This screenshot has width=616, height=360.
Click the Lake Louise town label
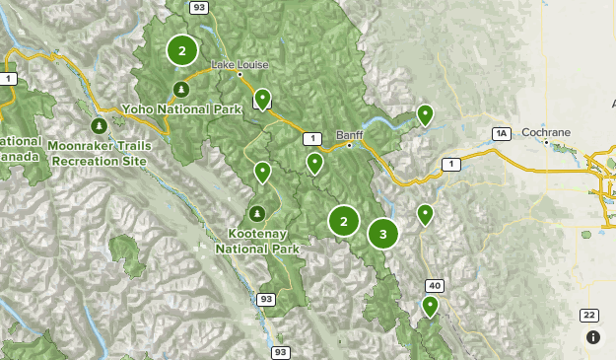[240, 66]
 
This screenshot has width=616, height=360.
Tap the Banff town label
[349, 135]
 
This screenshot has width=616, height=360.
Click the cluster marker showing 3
[382, 234]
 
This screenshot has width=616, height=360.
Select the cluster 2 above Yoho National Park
[181, 50]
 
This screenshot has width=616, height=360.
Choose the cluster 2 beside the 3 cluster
[343, 221]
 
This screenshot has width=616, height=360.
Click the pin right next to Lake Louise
[262, 99]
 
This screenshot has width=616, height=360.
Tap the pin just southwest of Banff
[314, 163]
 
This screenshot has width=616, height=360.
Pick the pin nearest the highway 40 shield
[430, 307]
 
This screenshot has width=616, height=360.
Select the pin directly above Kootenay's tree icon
[262, 173]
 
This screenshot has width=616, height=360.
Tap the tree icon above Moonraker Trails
[99, 126]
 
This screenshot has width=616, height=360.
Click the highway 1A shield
[502, 132]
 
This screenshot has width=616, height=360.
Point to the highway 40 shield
[434, 285]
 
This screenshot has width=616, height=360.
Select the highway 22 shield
[588, 315]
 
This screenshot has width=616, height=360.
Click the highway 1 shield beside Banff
[312, 138]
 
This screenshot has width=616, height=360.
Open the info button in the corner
[593, 337]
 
